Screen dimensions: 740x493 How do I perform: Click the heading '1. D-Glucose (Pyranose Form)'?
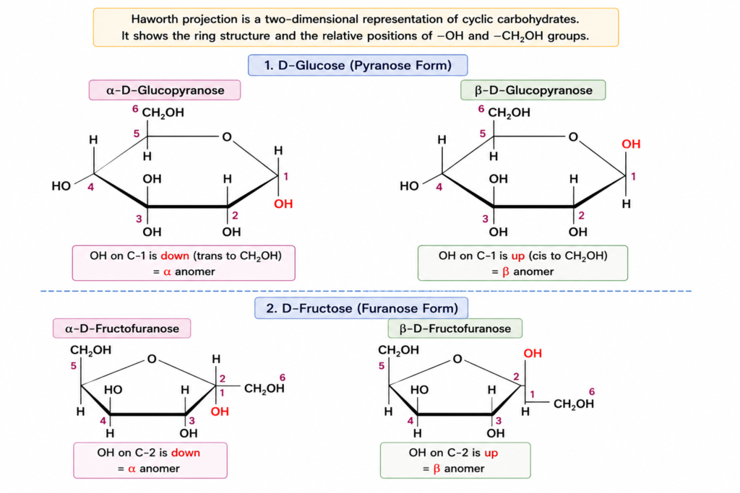(358, 65)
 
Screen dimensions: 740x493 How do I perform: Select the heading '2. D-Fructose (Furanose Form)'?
(361, 308)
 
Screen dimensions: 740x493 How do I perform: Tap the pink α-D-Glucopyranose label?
(165, 90)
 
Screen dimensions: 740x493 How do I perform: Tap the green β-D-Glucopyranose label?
(533, 90)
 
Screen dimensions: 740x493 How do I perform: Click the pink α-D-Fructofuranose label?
(121, 328)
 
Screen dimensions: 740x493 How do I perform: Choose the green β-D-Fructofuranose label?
(455, 328)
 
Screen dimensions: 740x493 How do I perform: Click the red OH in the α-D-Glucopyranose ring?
(283, 204)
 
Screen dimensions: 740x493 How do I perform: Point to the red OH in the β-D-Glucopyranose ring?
(631, 144)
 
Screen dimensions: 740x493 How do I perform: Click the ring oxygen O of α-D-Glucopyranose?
(227, 137)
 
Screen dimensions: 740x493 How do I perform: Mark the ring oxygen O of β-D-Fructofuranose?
(457, 359)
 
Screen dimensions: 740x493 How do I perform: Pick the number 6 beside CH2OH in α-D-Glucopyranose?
(135, 109)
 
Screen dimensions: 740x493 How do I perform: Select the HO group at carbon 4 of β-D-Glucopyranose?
(409, 186)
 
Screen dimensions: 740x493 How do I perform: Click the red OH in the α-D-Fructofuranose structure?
(220, 411)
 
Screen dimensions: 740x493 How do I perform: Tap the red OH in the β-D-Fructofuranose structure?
(533, 353)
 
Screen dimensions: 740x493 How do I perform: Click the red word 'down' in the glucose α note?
(175, 256)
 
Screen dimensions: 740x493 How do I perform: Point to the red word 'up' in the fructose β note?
(491, 453)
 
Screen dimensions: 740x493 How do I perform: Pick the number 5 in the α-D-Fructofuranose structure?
(74, 366)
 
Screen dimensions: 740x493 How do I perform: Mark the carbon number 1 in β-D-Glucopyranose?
(633, 176)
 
